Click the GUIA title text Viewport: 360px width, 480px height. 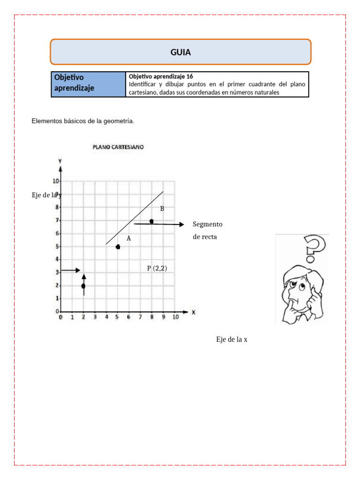[x=180, y=52]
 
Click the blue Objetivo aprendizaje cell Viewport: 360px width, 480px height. [x=88, y=84]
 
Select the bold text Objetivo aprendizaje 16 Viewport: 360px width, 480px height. [x=160, y=76]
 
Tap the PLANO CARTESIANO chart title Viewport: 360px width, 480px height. [x=118, y=147]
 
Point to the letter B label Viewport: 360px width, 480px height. [x=162, y=209]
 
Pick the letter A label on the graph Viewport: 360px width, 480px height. [x=128, y=238]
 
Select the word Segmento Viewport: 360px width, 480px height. [x=207, y=224]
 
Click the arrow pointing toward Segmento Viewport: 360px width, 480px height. [x=159, y=225]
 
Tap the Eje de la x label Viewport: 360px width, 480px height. [x=232, y=339]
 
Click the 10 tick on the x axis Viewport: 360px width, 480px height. [x=176, y=318]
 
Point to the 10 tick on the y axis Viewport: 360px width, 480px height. [x=56, y=181]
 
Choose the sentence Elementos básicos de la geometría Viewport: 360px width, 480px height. [x=83, y=121]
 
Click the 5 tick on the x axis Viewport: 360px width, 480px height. [x=118, y=318]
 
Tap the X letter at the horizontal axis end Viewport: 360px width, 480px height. [x=193, y=311]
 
